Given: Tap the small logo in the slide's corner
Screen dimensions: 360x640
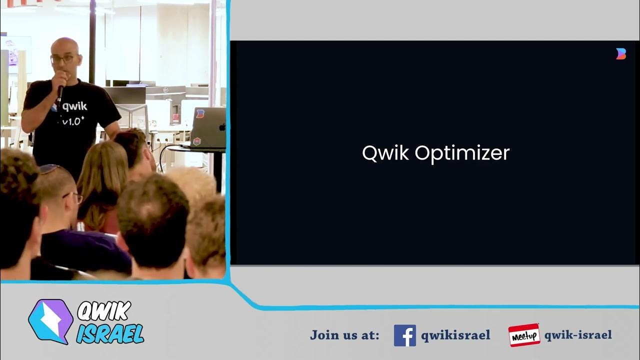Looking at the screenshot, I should (x=620, y=54).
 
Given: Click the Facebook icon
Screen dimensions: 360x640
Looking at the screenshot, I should (x=404, y=335).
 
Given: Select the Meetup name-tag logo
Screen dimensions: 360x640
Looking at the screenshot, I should (x=524, y=335).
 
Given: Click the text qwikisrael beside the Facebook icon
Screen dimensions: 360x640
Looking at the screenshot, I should (x=455, y=335).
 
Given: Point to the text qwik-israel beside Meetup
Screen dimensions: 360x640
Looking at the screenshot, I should (x=577, y=335).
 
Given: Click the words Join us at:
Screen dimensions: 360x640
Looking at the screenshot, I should (x=344, y=334).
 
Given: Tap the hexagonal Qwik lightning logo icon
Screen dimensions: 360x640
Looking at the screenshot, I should (x=50, y=321).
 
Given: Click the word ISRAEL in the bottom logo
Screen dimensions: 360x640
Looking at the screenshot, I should (x=110, y=333).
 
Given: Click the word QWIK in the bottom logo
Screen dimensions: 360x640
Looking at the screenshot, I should (x=104, y=312).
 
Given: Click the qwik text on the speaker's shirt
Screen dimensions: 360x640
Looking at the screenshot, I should (x=75, y=106).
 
